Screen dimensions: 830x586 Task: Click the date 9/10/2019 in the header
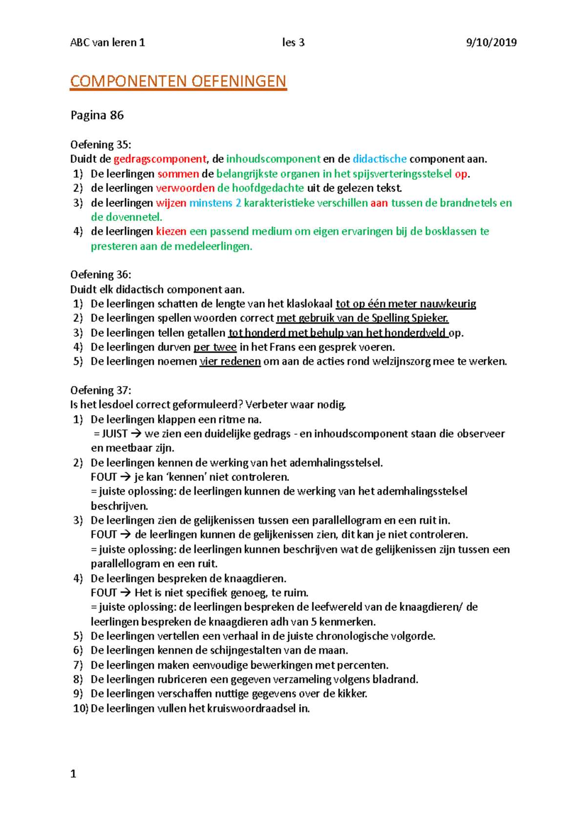pos(491,43)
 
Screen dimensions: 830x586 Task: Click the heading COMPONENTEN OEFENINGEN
pos(178,81)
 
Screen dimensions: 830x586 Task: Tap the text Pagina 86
pos(97,115)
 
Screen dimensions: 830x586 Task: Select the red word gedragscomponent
pos(160,159)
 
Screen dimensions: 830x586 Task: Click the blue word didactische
pos(379,159)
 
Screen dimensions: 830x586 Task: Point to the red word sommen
pos(178,174)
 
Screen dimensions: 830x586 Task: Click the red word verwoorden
pos(185,188)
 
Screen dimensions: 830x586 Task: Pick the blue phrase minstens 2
pos(215,203)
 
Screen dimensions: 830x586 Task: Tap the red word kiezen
pos(171,231)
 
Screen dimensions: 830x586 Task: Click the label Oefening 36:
pos(101,275)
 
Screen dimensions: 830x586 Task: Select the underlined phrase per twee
pos(215,347)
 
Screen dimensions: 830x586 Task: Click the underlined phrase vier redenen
pos(230,362)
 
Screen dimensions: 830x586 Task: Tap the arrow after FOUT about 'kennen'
pos(126,477)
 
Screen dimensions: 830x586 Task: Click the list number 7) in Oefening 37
pos(78,665)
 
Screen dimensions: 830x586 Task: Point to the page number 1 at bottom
pos(73,774)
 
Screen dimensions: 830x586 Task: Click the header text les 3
pos(293,43)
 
